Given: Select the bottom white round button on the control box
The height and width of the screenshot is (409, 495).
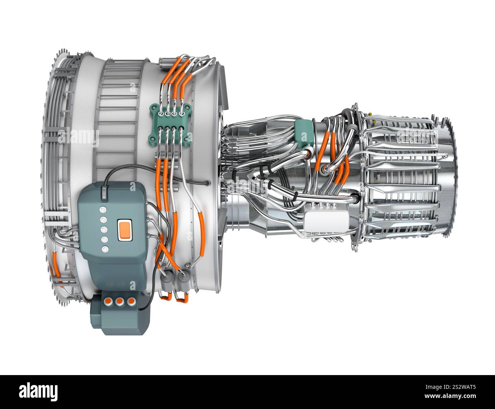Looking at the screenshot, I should pyautogui.click(x=105, y=249).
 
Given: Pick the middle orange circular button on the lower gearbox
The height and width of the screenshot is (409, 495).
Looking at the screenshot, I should pyautogui.click(x=120, y=301).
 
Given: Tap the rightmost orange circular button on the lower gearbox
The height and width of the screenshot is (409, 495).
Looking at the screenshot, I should pyautogui.click(x=131, y=301).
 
